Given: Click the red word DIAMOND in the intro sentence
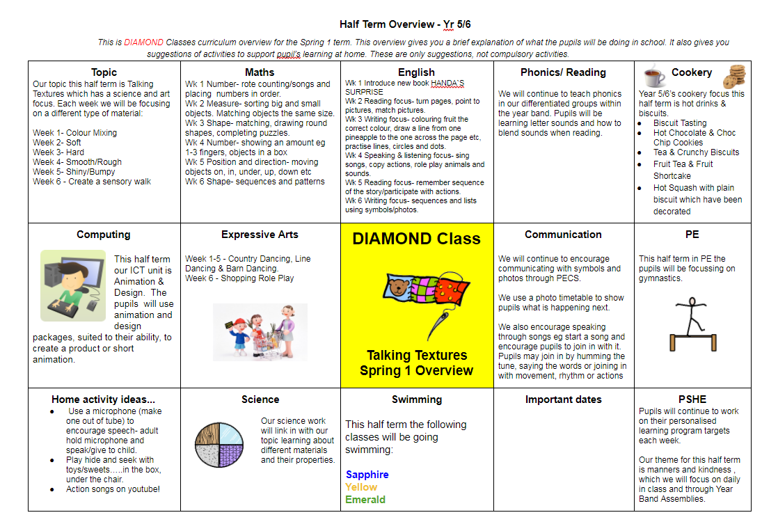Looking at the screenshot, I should pyautogui.click(x=144, y=42).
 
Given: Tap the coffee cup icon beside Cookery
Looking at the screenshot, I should pyautogui.click(x=653, y=74).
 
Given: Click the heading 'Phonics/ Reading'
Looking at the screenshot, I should pyautogui.click(x=563, y=72).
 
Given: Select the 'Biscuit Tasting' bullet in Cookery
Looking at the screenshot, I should pyautogui.click(x=679, y=122).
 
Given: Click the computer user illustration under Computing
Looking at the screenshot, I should pyautogui.click(x=73, y=285).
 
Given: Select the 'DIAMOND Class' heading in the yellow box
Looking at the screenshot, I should pyautogui.click(x=416, y=239).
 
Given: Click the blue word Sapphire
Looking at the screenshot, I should pyautogui.click(x=367, y=475).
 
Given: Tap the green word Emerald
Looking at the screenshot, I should pyautogui.click(x=365, y=500).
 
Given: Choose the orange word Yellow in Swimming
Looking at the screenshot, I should pyautogui.click(x=361, y=487).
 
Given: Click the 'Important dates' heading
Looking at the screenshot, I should pyautogui.click(x=563, y=399).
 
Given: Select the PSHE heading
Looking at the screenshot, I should pyautogui.click(x=692, y=399).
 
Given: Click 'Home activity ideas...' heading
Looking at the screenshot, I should pyautogui.click(x=103, y=399).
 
